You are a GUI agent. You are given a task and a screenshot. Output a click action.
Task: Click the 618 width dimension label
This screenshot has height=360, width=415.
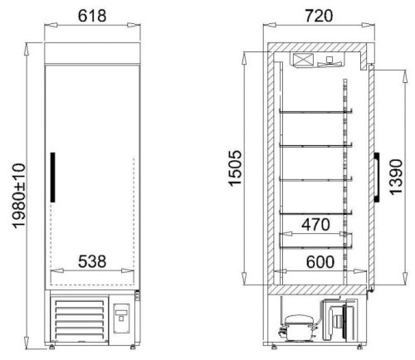92,16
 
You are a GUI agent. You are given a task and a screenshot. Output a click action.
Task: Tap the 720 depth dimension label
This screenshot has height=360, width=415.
319,16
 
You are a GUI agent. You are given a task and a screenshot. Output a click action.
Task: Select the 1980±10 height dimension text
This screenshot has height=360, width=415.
19,196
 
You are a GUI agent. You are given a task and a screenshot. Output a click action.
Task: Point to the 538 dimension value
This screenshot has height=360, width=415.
92,261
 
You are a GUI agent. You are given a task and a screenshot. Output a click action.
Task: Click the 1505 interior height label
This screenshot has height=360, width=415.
236,168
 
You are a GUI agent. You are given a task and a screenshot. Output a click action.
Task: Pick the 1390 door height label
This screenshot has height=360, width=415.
396,177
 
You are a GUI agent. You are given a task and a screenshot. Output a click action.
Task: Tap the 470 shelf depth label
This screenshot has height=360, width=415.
315,225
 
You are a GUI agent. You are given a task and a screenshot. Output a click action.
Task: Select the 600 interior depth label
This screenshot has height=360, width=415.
320,262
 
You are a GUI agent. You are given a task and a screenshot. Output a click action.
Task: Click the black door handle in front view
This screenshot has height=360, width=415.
52,177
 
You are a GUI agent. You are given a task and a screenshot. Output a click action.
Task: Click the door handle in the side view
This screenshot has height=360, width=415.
377,177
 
